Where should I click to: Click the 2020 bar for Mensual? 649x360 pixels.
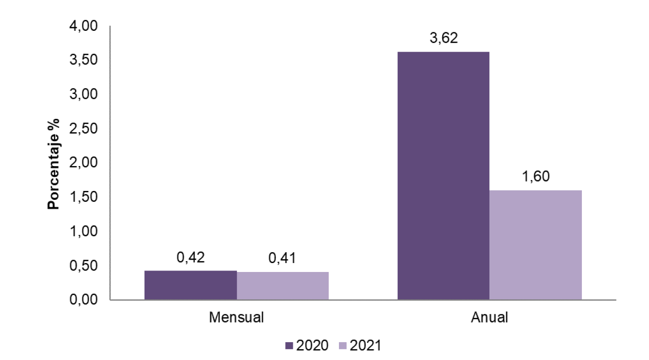click(x=190, y=285)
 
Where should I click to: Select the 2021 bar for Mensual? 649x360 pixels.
click(x=283, y=286)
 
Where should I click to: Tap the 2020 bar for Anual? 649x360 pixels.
click(x=443, y=176)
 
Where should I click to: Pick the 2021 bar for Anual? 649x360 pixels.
click(x=535, y=245)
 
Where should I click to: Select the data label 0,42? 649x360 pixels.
click(x=190, y=258)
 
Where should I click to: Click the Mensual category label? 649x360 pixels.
click(x=237, y=317)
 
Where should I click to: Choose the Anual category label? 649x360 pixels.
click(x=489, y=317)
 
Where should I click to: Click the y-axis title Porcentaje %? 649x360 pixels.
click(x=54, y=163)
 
